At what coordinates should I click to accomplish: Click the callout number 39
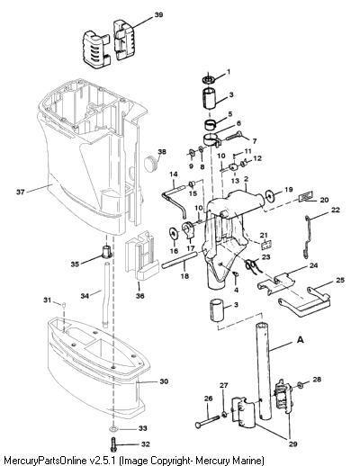158,14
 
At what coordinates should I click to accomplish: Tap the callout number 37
21,192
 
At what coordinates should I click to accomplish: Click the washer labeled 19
270,197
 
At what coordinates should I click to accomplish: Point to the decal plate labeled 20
306,197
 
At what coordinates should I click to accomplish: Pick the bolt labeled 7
234,137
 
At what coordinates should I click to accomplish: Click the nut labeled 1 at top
208,79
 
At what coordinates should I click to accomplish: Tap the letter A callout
300,340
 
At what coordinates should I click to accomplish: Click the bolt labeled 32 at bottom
113,444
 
